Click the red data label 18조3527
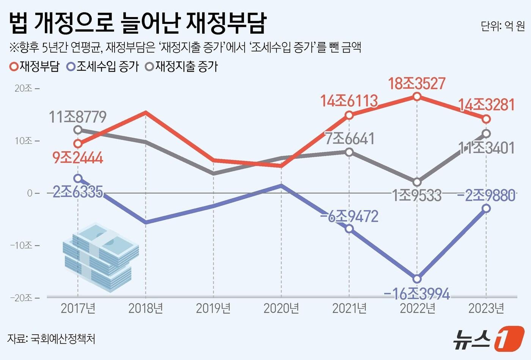point(416,83)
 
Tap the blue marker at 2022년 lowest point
point(417,279)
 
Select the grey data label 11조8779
point(78,117)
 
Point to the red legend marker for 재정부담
point(14,67)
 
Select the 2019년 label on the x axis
point(213,308)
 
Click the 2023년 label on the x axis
point(486,308)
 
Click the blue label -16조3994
point(416,294)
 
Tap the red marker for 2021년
point(349,115)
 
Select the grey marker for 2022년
point(417,182)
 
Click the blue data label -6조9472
point(349,216)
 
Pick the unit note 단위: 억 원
point(503,26)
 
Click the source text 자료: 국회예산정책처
point(51,338)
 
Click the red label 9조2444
point(78,158)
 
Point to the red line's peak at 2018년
point(146,112)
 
